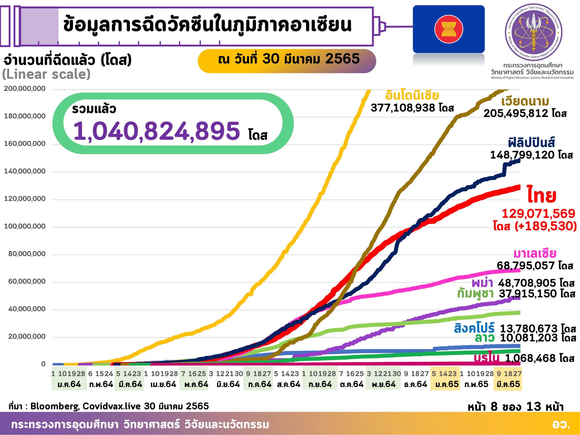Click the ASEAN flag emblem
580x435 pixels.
pos(449,29)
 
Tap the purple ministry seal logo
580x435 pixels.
pos(534,32)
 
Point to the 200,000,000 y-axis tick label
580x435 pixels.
pos(25,89)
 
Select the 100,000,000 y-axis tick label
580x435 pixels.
pos(25,227)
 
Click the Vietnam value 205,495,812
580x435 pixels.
pos(516,113)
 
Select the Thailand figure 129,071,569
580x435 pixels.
pos(538,214)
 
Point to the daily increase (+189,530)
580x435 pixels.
pos(545,226)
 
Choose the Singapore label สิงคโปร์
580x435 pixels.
pos(474,328)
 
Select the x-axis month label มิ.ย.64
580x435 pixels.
pos(228,384)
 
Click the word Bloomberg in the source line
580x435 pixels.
pos(55,406)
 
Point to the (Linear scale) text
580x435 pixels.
pos(46,74)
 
